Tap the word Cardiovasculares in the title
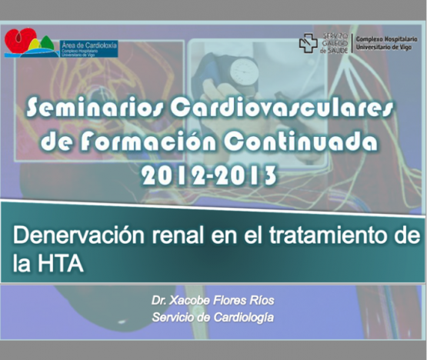pos(282,108)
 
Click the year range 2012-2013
pos(209,175)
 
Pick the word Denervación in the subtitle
pos(78,235)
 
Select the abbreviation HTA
pos(61,263)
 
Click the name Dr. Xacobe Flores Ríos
pos(212,300)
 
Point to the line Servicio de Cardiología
pos(212,317)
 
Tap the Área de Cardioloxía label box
pos(88,48)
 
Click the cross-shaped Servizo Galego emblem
pos(309,43)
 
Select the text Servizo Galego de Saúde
pos(335,43)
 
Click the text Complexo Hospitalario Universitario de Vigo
pos(387,43)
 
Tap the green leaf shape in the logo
pos(47,44)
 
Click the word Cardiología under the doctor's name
pos(243,318)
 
